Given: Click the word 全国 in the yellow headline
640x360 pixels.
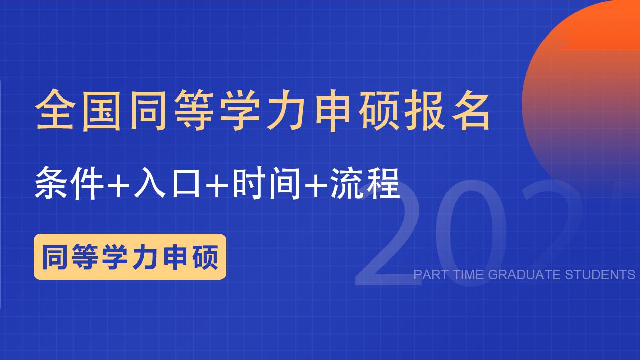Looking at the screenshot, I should (81, 111).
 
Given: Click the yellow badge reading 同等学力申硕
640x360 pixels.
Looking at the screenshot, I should (130, 256).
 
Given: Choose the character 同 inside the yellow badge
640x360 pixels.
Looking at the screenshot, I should (55, 256).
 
